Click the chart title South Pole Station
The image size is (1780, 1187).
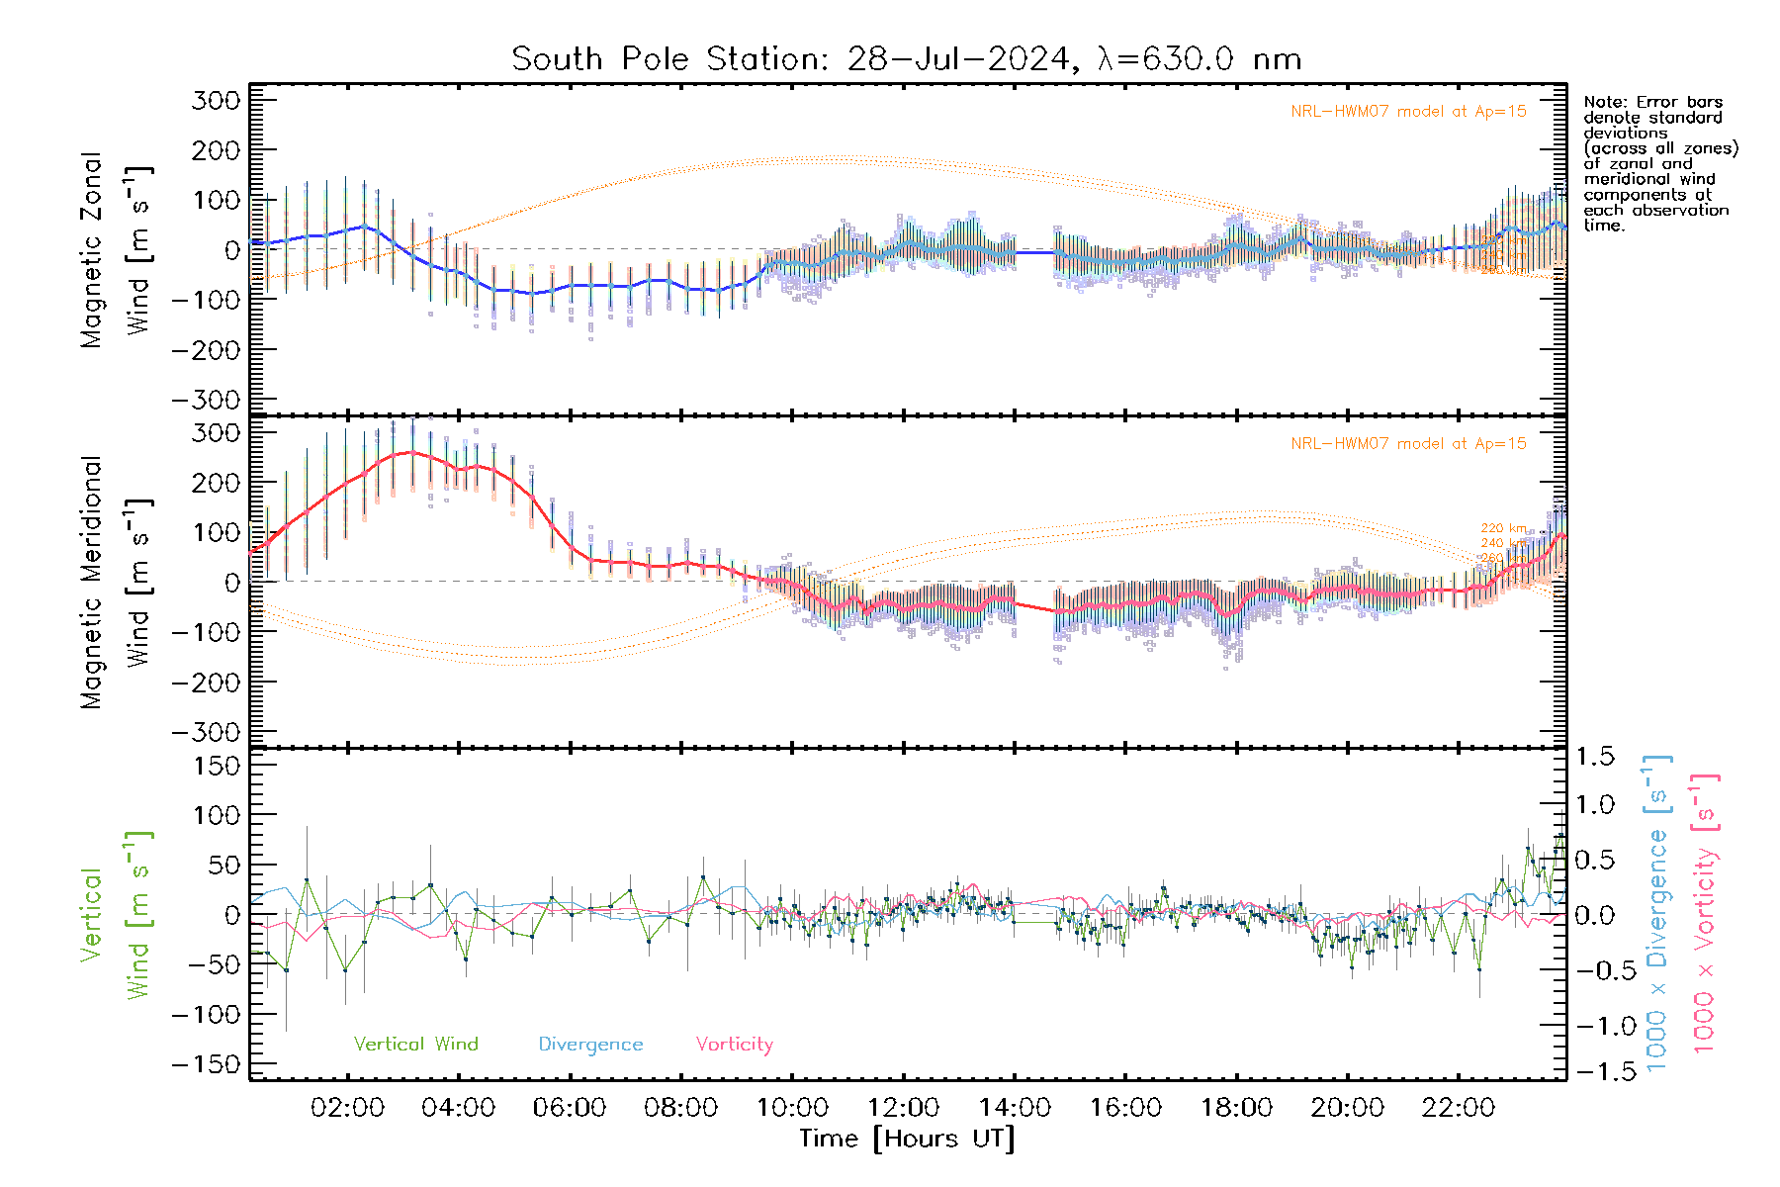[906, 59]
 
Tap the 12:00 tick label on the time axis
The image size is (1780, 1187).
[904, 1107]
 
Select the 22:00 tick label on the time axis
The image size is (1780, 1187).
[1459, 1107]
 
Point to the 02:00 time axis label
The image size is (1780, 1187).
[347, 1107]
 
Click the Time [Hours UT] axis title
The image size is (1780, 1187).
[907, 1139]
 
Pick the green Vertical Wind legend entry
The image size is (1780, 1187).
[415, 1044]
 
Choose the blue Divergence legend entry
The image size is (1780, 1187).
[590, 1044]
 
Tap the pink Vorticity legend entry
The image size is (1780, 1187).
[734, 1044]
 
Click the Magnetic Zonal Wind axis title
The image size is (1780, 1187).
[115, 250]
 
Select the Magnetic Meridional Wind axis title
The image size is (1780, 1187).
[115, 583]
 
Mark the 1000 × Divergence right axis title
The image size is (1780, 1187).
[1657, 912]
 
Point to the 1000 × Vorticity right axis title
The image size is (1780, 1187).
[1705, 912]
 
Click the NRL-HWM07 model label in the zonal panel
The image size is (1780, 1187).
[1408, 112]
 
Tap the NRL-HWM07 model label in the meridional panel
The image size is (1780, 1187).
[1408, 444]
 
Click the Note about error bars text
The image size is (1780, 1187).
[1659, 163]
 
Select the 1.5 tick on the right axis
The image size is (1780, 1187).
[1595, 757]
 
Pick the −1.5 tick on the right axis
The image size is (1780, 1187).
[1593, 1070]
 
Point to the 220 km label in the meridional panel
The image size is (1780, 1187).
[1503, 528]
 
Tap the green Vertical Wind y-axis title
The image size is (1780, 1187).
[115, 915]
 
